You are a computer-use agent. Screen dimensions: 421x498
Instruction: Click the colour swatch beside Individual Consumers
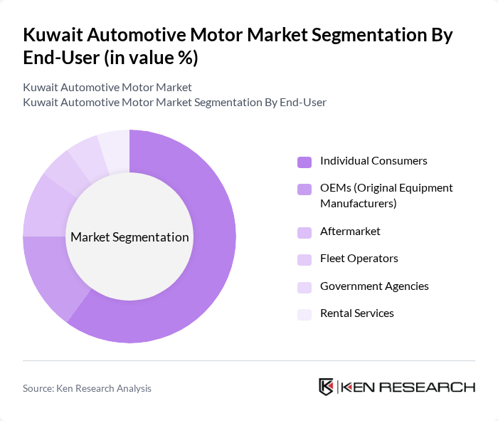pos(304,162)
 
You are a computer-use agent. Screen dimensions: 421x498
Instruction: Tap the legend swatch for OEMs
pos(304,189)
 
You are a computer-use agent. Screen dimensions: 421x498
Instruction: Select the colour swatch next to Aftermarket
pos(304,232)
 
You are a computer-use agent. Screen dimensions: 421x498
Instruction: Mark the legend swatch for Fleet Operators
pos(304,259)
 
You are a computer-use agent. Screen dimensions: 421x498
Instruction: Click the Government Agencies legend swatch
pos(304,287)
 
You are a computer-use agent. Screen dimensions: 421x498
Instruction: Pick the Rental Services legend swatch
pos(304,314)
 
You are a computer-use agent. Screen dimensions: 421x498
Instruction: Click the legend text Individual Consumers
pos(373,161)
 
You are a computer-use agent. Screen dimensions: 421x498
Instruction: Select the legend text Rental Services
pos(356,313)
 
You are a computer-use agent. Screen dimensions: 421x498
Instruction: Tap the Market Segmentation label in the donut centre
pos(129,237)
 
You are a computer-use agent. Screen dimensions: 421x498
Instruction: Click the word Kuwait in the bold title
pos(55,35)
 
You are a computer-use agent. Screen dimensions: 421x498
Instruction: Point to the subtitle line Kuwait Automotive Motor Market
pos(107,88)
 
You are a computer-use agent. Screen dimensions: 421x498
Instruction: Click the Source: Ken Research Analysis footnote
pos(87,388)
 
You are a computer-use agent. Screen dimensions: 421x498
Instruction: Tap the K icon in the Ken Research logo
pos(326,387)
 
